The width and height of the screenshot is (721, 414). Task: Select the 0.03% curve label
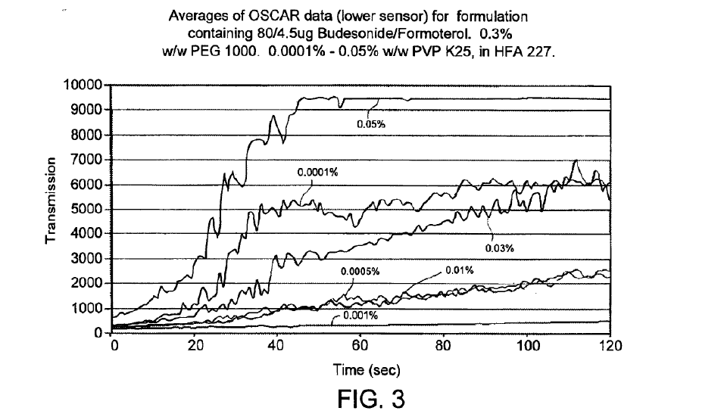(499, 247)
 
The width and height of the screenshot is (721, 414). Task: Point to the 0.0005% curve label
(359, 271)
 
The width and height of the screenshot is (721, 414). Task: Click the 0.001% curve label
(360, 316)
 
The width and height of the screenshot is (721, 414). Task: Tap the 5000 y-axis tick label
(89, 210)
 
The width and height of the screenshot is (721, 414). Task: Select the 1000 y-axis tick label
(89, 309)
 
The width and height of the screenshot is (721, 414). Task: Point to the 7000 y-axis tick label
(89, 160)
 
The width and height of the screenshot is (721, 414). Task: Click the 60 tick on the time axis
(360, 347)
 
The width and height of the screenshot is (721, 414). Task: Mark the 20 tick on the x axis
(195, 347)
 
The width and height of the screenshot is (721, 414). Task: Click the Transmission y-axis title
(51, 201)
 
